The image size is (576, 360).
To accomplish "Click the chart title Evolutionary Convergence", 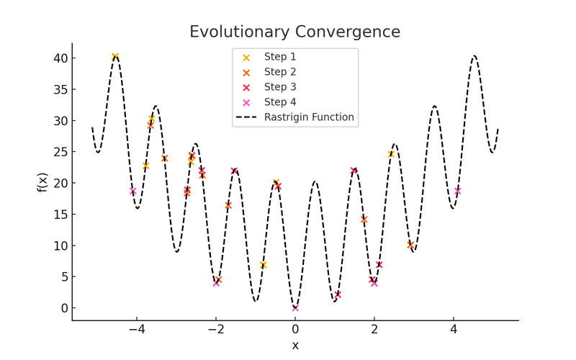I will [x=294, y=32].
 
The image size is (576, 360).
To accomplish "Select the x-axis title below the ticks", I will [x=295, y=345].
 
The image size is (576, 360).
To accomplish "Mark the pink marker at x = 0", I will [x=295, y=308].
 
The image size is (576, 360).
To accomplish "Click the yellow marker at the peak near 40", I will [x=115, y=56].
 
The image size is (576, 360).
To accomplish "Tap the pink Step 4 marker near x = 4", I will [x=458, y=191].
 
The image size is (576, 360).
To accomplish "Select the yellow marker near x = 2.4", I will [x=391, y=154].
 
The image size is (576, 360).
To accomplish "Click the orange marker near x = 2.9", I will [x=410, y=245].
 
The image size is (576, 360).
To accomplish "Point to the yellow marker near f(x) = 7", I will [x=264, y=265].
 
